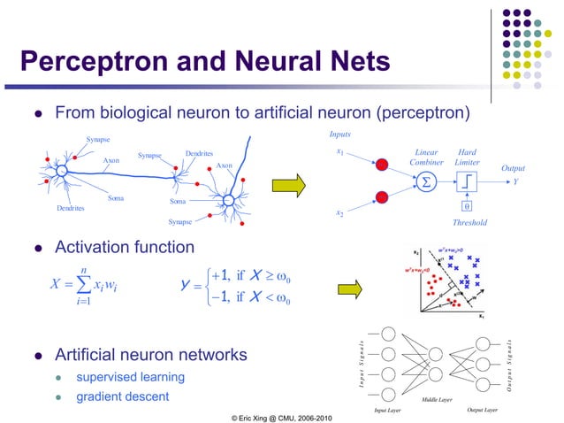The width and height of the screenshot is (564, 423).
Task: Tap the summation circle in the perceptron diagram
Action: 427,182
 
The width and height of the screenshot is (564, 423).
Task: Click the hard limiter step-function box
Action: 466,182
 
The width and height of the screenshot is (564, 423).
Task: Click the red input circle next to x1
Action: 381,165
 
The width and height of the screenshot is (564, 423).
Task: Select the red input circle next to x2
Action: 381,196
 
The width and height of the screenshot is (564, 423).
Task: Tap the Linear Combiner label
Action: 427,157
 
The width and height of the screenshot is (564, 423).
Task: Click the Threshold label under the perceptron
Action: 469,222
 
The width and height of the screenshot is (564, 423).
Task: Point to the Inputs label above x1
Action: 339,135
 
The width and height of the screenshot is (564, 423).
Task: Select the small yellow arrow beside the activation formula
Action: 351,288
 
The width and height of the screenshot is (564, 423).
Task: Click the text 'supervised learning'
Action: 130,377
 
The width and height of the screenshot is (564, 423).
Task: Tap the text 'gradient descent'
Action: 122,396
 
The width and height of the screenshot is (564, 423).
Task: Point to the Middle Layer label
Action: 436,400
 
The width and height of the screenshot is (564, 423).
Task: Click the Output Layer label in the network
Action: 482,410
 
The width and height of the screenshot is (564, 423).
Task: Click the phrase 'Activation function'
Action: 124,245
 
